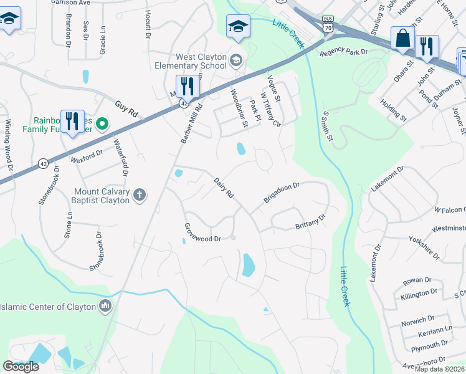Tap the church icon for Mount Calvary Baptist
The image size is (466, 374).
[140, 195]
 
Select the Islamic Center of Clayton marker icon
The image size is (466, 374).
[105, 305]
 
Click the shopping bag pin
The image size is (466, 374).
[403, 39]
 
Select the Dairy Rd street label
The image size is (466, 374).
[223, 188]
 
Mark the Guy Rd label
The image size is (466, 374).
[126, 107]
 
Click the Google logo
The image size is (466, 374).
[21, 367]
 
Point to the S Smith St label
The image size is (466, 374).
[328, 130]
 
